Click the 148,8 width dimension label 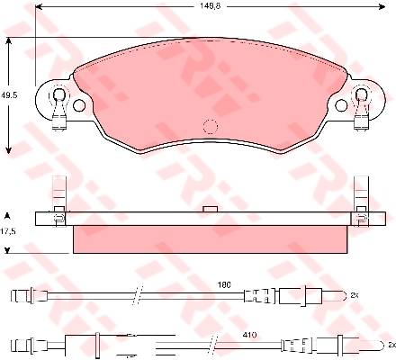pos(210,6)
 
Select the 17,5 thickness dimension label pos(11,231)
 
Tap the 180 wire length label pos(225,285)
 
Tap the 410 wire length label pos(250,335)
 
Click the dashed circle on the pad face pos(210,126)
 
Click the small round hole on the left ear pos(79,105)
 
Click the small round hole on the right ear pos(341,105)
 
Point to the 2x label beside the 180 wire pos(355,295)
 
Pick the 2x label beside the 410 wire pos(391,345)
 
